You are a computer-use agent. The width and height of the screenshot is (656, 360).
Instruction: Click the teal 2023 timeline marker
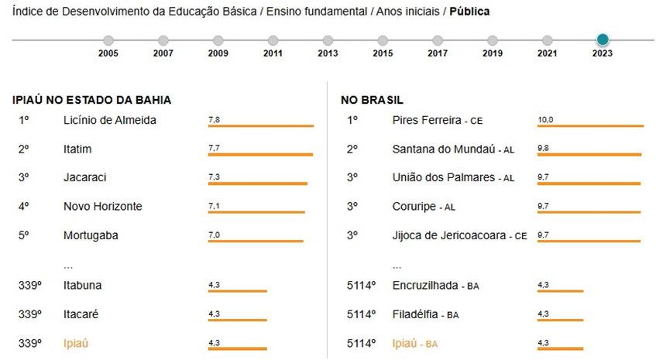pos(603,39)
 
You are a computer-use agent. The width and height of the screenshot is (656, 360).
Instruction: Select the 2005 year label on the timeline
pos(108,54)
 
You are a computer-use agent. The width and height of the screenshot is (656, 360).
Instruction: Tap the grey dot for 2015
pos(383,40)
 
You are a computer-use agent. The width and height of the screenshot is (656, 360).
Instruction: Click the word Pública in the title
pos(469,12)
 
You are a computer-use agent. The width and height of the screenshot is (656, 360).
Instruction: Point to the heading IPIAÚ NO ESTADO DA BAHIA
pos(91,101)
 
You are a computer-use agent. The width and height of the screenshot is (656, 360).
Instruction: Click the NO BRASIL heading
pos(372,101)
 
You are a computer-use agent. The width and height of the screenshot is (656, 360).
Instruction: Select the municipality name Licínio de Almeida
pos(110,120)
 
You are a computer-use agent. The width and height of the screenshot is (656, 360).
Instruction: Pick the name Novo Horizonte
pos(103,206)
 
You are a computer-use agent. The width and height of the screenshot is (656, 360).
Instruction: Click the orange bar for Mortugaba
pos(256,241)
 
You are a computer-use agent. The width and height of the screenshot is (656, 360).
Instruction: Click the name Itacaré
pos(81,314)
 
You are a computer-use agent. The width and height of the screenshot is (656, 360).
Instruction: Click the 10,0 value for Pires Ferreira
pos(545,120)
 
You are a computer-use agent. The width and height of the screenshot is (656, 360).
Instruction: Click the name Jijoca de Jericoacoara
pos(449,235)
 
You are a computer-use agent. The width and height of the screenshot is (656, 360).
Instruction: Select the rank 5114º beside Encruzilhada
pos(362,285)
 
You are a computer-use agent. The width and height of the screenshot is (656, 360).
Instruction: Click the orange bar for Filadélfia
pos(560,321)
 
